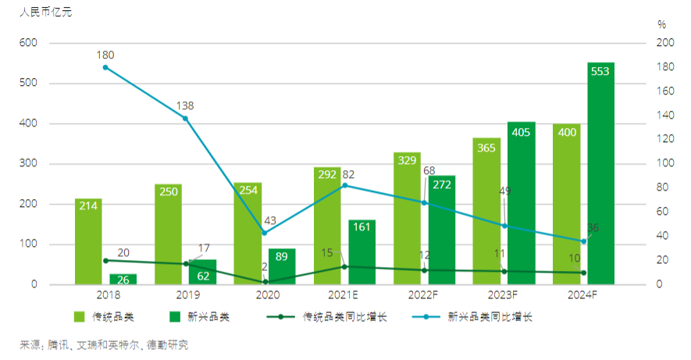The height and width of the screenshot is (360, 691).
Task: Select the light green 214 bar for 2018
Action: (x=88, y=241)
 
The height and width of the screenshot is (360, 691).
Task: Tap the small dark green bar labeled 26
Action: (x=123, y=280)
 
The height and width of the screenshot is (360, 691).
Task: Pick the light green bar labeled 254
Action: (x=248, y=233)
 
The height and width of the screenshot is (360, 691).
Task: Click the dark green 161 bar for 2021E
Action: (x=362, y=252)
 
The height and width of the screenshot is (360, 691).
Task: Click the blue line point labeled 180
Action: (x=105, y=67)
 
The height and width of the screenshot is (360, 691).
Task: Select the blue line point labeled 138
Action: (x=185, y=118)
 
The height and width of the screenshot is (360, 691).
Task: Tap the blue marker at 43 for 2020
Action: (x=265, y=233)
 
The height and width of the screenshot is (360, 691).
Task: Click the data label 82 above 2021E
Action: (x=348, y=173)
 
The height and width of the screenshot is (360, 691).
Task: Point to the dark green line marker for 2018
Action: (x=105, y=261)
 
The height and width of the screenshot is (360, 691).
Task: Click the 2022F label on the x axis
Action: (x=424, y=295)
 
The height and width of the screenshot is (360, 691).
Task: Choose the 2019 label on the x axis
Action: (x=185, y=295)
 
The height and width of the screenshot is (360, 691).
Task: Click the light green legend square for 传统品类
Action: (x=79, y=317)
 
